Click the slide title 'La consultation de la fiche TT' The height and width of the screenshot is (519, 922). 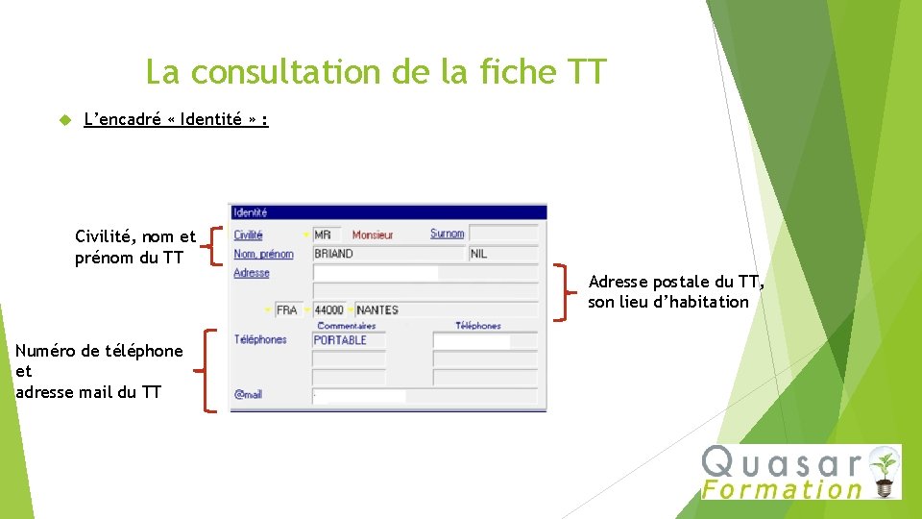pyautogui.click(x=376, y=72)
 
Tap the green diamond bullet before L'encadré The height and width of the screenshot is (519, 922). pyautogui.click(x=65, y=120)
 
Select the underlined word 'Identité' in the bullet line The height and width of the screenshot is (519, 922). pyautogui.click(x=210, y=120)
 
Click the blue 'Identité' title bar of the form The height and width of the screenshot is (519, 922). pyautogui.click(x=388, y=212)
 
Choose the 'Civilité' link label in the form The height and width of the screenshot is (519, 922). pyautogui.click(x=248, y=235)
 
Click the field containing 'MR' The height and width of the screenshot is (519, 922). pyautogui.click(x=327, y=235)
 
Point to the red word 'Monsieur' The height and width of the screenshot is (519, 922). pyautogui.click(x=373, y=235)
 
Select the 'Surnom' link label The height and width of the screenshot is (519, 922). pyautogui.click(x=447, y=234)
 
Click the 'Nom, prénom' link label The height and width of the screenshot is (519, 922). pyautogui.click(x=263, y=254)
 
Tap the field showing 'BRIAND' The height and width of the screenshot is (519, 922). pyautogui.click(x=388, y=254)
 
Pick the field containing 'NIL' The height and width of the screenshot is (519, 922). pyautogui.click(x=503, y=254)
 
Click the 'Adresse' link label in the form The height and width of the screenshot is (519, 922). pyautogui.click(x=252, y=273)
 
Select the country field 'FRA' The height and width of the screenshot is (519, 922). pyautogui.click(x=287, y=310)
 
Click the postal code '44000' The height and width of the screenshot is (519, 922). pyautogui.click(x=328, y=310)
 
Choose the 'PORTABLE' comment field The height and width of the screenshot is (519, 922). pyautogui.click(x=349, y=340)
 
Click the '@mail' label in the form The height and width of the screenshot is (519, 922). pyautogui.click(x=248, y=394)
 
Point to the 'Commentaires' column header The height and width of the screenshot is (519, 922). pyautogui.click(x=346, y=326)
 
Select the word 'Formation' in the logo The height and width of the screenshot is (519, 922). pyautogui.click(x=782, y=489)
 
